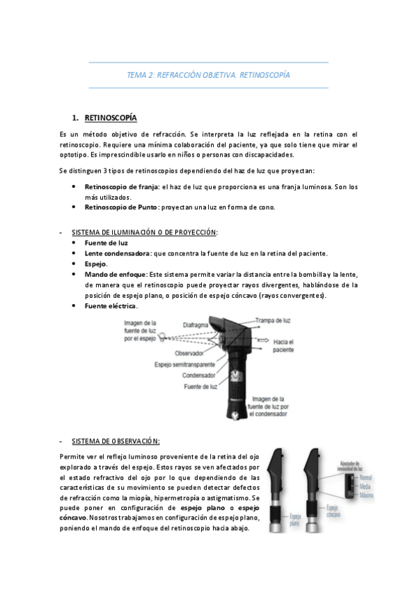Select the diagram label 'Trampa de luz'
click(272, 320)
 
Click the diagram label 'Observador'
click(189, 353)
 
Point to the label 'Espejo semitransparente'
click(189, 364)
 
